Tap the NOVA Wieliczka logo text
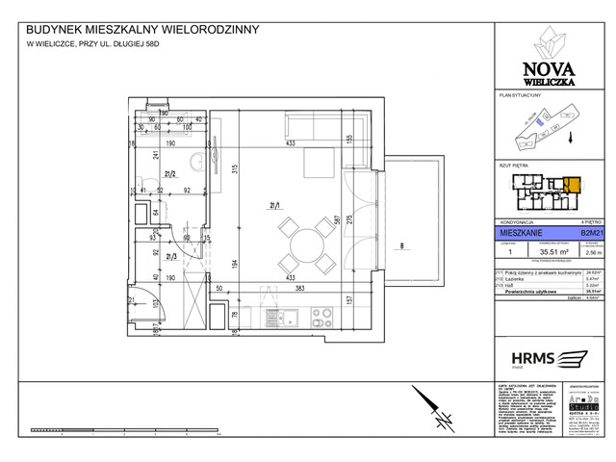point(549,71)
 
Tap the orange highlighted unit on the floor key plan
point(573,188)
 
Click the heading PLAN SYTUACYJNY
point(520,97)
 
